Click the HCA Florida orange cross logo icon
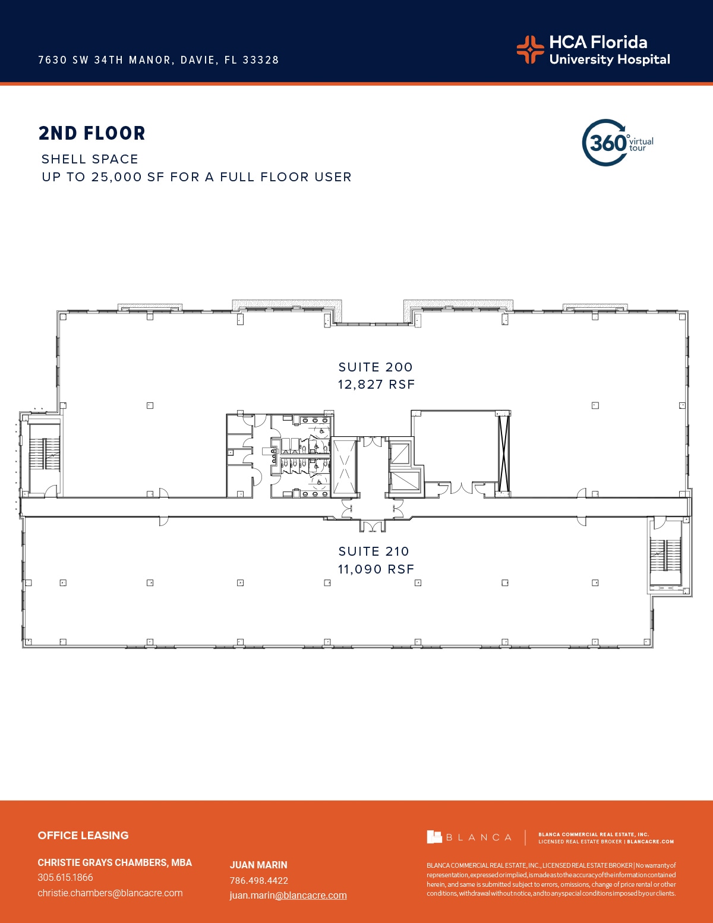click(530, 49)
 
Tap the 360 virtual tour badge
click(617, 143)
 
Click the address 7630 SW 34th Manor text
click(159, 60)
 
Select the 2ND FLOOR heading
click(92, 133)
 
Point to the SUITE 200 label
click(376, 367)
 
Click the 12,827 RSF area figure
click(376, 385)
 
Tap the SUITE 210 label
click(374, 552)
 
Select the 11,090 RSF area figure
click(376, 569)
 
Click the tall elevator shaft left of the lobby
click(344, 466)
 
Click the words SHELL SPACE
click(90, 159)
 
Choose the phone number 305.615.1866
click(65, 877)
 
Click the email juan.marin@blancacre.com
click(288, 895)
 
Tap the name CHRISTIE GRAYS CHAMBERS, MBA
click(115, 862)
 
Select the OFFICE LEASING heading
click(83, 835)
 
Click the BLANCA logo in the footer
click(469, 837)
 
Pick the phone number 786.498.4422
click(259, 880)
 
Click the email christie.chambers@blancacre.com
click(110, 893)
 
